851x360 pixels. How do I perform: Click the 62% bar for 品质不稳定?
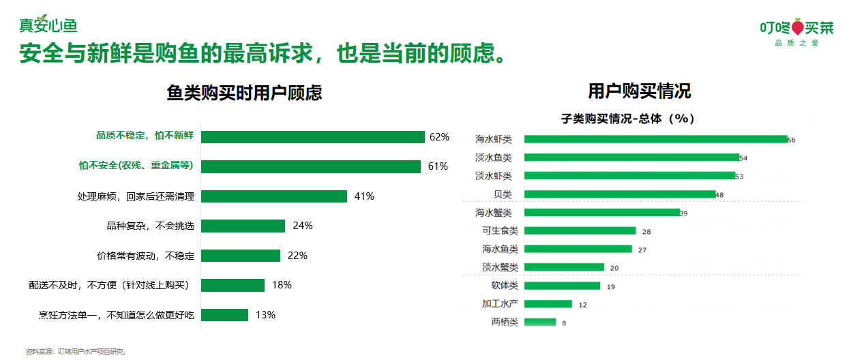pos(312,137)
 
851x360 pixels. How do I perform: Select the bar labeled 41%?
pos(274,196)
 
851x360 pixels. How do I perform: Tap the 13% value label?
pos(265,315)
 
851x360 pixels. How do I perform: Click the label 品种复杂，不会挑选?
pos(150,226)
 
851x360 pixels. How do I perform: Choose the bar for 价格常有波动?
pos(241,256)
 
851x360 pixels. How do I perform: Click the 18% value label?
pos(282,285)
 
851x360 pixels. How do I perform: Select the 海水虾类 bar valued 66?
pos(655,139)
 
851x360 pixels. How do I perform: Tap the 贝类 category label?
pos(503,194)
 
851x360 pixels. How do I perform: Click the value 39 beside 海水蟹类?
pos(684,213)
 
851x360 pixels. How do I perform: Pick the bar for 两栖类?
pos(540,322)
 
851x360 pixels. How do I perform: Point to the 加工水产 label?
pos(500,304)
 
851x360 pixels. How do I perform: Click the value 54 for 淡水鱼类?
pos(743,158)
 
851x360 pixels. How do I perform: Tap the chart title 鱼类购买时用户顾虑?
pos(244,93)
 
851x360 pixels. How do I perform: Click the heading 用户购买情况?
pos(639,91)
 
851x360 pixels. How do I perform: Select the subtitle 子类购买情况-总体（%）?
pos(627,119)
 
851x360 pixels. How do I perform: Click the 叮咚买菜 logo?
pos(796,30)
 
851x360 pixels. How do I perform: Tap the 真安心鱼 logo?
pos(48,25)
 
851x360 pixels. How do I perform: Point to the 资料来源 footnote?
pos(76,352)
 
